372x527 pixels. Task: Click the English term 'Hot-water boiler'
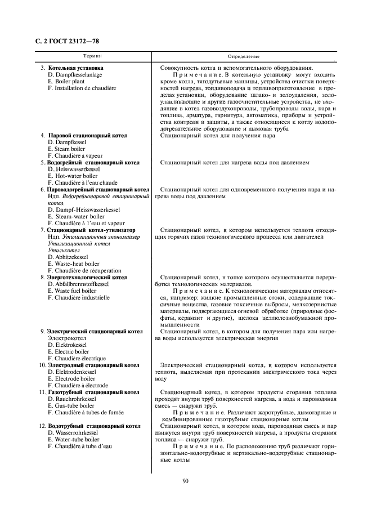pyautogui.click(x=68, y=176)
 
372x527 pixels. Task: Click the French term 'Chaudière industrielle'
pyautogui.click(x=78, y=297)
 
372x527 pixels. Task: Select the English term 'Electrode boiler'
pyautogui.click(x=68, y=378)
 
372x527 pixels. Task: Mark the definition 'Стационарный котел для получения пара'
pyautogui.click(x=218, y=136)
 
